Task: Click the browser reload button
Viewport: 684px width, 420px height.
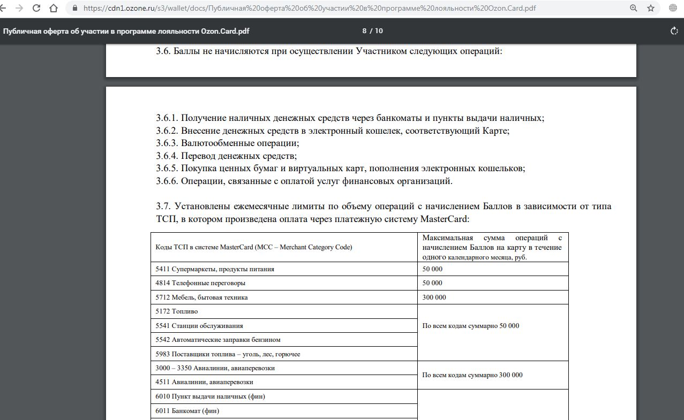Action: [36, 8]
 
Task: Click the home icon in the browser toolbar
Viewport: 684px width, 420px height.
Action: [54, 8]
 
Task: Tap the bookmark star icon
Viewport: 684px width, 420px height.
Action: [651, 8]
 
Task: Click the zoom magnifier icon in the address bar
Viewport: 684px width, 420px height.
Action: [634, 8]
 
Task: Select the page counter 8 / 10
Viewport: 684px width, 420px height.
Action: [372, 31]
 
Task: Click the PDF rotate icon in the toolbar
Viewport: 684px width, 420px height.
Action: [674, 31]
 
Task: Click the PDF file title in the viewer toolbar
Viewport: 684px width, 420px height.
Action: [126, 31]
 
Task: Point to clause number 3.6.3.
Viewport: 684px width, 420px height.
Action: [167, 143]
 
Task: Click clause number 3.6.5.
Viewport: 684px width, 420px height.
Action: [167, 169]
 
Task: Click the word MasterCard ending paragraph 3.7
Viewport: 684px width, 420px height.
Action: [444, 219]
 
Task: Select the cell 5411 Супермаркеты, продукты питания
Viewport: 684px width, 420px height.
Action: [215, 269]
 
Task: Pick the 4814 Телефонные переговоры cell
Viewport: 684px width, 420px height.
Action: [200, 283]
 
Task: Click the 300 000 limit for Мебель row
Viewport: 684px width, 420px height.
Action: [434, 297]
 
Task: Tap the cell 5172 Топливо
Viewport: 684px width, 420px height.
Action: [177, 311]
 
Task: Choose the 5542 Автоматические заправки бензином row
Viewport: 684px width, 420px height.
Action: [218, 340]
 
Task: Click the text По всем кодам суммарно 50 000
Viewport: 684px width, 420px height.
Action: [470, 326]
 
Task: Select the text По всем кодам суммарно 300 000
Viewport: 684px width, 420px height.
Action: [472, 375]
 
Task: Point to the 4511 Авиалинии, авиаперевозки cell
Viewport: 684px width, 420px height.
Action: [205, 382]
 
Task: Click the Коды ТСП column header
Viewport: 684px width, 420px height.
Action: [254, 247]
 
